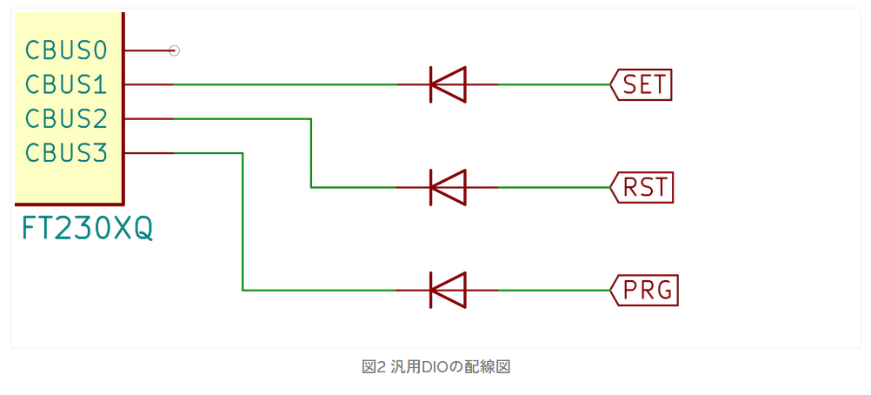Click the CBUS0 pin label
[66, 50]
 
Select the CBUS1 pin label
[66, 84]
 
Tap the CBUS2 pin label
[66, 118]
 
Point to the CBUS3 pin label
[66, 153]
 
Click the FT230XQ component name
[87, 229]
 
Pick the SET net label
[643, 84]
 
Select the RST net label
[644, 187]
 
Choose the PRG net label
[647, 290]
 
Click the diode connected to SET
[448, 84]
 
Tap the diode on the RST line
[448, 187]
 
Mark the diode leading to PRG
[448, 290]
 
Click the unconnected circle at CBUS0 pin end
[174, 50]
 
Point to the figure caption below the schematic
[435, 367]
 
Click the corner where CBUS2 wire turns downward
[311, 119]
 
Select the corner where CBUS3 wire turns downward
[243, 153]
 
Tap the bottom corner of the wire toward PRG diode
[243, 290]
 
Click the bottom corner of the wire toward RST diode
[311, 187]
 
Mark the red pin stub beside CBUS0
[147, 50]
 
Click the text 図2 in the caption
[373, 367]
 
